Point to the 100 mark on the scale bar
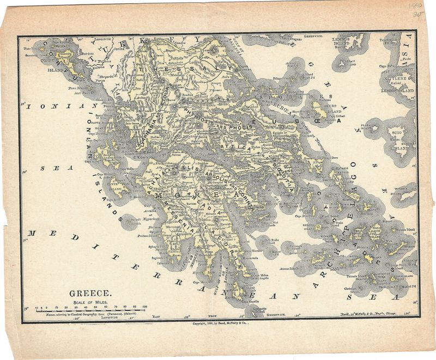click(144, 308)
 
